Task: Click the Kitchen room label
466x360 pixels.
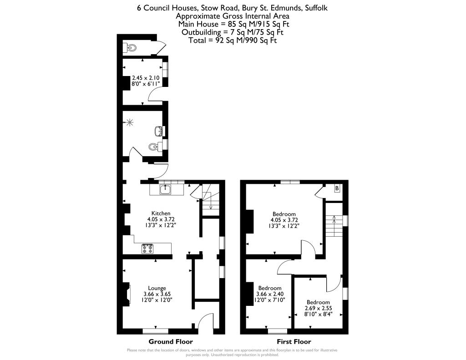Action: coord(161,213)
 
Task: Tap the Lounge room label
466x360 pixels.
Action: coord(157,288)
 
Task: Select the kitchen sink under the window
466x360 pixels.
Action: coord(165,189)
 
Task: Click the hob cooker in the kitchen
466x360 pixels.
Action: coord(148,249)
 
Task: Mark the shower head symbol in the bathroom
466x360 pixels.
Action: coord(130,122)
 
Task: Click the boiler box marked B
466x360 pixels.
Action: coord(337,188)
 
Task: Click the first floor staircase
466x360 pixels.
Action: coord(334,225)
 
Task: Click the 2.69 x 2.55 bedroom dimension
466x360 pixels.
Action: coord(318,308)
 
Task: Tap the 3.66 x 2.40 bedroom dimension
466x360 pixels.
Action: coord(270,294)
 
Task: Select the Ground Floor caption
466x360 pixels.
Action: coord(171,341)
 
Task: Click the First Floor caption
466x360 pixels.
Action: coord(294,341)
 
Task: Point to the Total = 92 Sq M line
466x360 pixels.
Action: coord(233,40)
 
